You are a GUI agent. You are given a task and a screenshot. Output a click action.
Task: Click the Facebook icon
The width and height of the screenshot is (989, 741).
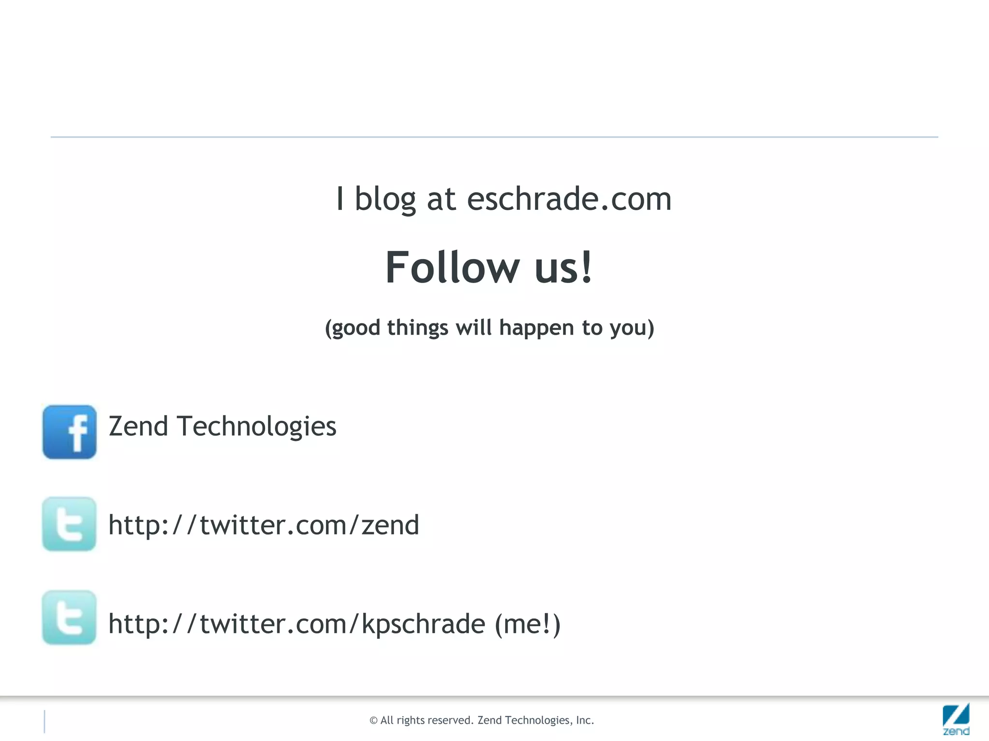70,432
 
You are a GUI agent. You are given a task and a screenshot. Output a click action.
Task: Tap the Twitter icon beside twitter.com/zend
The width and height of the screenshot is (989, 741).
70,524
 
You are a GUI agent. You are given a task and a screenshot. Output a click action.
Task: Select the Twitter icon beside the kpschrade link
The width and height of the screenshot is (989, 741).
70,617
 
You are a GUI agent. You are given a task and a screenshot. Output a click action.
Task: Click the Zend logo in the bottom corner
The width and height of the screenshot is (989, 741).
956,719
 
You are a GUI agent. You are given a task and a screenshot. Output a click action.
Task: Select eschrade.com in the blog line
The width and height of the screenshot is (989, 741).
569,199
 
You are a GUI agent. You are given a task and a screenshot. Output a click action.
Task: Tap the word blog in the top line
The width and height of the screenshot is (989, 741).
385,199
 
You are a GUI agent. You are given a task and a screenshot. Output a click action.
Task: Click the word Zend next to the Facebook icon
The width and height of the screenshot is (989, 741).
138,426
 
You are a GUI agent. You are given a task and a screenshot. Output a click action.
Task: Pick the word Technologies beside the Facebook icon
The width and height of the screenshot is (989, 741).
256,426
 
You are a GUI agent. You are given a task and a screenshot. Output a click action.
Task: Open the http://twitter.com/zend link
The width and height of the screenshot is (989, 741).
264,525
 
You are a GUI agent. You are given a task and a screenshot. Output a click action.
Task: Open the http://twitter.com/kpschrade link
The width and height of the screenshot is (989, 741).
297,624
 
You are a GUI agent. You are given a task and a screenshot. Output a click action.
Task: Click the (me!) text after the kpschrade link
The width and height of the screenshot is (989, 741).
528,624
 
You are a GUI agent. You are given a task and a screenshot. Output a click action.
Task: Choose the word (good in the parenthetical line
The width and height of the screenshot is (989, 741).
353,328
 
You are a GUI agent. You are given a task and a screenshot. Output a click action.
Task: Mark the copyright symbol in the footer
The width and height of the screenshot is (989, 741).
373,721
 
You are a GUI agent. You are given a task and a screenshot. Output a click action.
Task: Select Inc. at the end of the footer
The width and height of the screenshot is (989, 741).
585,720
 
